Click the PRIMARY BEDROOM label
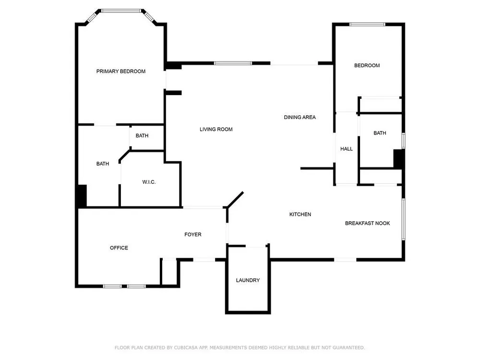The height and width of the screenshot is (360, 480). point(121,72)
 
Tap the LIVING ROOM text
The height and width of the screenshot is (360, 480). point(216,130)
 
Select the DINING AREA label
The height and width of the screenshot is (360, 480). point(300,117)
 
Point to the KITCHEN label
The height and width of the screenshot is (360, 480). point(300,214)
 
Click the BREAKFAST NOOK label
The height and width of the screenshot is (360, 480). point(367,223)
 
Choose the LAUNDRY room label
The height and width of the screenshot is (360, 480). point(248,280)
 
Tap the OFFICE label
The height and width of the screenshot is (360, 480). point(119,248)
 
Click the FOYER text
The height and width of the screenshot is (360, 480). point(193,235)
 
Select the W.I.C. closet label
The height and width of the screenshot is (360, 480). point(149,182)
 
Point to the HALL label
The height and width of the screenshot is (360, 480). point(347,149)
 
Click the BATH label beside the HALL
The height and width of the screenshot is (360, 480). point(380,133)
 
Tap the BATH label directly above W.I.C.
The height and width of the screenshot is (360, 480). point(142,136)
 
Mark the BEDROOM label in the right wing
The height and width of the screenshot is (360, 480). point(367,65)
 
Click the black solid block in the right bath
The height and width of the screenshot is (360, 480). point(398,159)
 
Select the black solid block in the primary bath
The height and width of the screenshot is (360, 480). point(82,196)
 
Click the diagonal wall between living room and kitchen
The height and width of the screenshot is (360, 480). point(235,200)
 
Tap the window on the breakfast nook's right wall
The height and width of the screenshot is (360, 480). point(404,219)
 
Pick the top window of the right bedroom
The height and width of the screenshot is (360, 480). point(367,24)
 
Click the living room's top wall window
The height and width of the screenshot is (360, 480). point(233,63)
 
